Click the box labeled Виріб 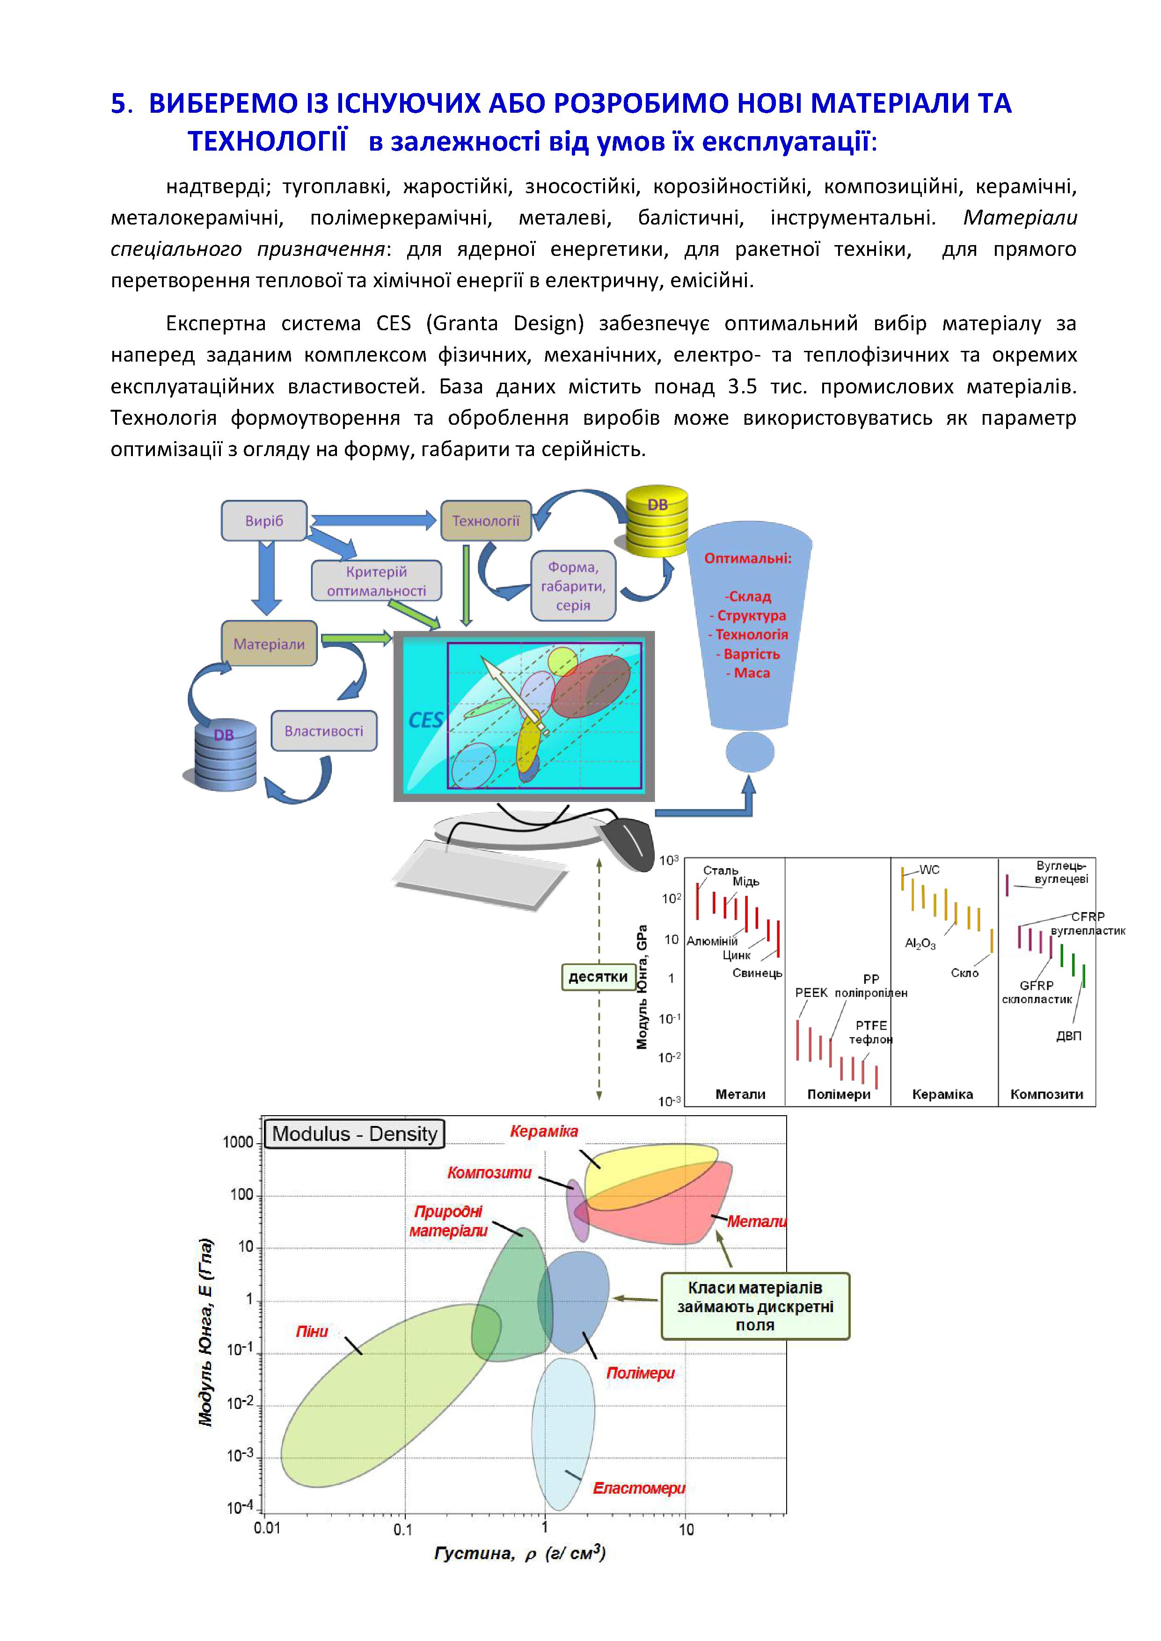[264, 520]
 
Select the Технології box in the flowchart [486, 520]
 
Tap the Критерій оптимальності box [376, 581]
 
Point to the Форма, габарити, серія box [573, 585]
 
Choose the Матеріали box [269, 643]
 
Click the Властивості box [324, 730]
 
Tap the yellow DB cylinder [656, 520]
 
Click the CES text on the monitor [425, 720]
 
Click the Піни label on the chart [312, 1331]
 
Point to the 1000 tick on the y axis [238, 1142]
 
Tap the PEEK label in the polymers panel [811, 993]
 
